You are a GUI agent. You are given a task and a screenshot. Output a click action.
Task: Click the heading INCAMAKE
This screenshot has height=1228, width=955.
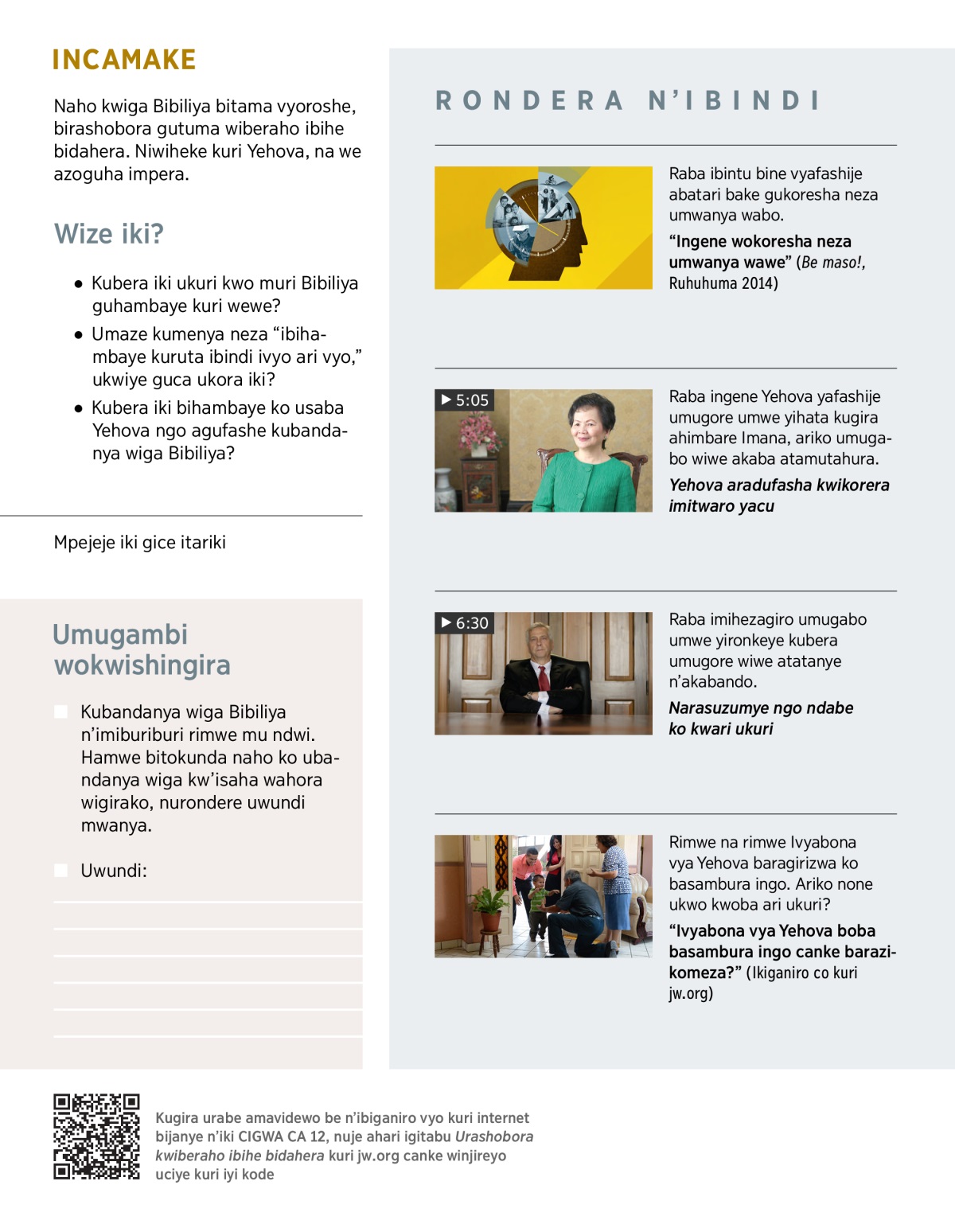pyautogui.click(x=124, y=60)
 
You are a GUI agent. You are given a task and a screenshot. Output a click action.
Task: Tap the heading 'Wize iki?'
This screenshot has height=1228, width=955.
pyautogui.click(x=109, y=234)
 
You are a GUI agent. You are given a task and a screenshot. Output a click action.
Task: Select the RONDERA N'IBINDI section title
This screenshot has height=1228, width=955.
pyautogui.click(x=627, y=101)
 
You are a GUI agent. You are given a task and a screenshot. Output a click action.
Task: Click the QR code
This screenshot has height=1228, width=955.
pyautogui.click(x=96, y=1136)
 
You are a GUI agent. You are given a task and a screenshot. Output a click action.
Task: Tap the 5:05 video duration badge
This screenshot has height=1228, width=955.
pyautogui.click(x=465, y=400)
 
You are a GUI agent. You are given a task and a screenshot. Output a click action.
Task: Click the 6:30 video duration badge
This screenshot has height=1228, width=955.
pyautogui.click(x=465, y=623)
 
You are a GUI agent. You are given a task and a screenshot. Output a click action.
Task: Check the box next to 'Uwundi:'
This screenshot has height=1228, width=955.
pyautogui.click(x=61, y=871)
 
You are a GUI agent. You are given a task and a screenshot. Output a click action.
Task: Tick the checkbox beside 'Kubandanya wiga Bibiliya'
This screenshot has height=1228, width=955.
pyautogui.click(x=61, y=711)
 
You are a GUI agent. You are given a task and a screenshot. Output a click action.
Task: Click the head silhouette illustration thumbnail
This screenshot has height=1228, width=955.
pyautogui.click(x=543, y=228)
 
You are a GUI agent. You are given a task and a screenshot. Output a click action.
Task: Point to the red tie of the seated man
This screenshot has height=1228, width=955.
pyautogui.click(x=544, y=678)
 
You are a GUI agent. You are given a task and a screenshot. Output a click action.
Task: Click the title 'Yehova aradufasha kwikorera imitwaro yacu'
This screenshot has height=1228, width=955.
pyautogui.click(x=778, y=495)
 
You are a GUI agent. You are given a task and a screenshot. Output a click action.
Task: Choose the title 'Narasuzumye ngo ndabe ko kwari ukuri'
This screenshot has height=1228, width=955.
pyautogui.click(x=760, y=718)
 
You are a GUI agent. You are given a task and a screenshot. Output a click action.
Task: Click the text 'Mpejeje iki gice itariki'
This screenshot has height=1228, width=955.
pyautogui.click(x=140, y=543)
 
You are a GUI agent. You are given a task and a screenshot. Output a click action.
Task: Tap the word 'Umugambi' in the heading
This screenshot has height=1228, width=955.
pyautogui.click(x=120, y=634)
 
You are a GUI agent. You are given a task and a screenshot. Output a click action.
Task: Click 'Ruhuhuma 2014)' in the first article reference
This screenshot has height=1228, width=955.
pyautogui.click(x=723, y=283)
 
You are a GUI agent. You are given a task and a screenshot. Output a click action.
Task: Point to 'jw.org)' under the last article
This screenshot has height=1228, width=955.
pyautogui.click(x=690, y=993)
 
